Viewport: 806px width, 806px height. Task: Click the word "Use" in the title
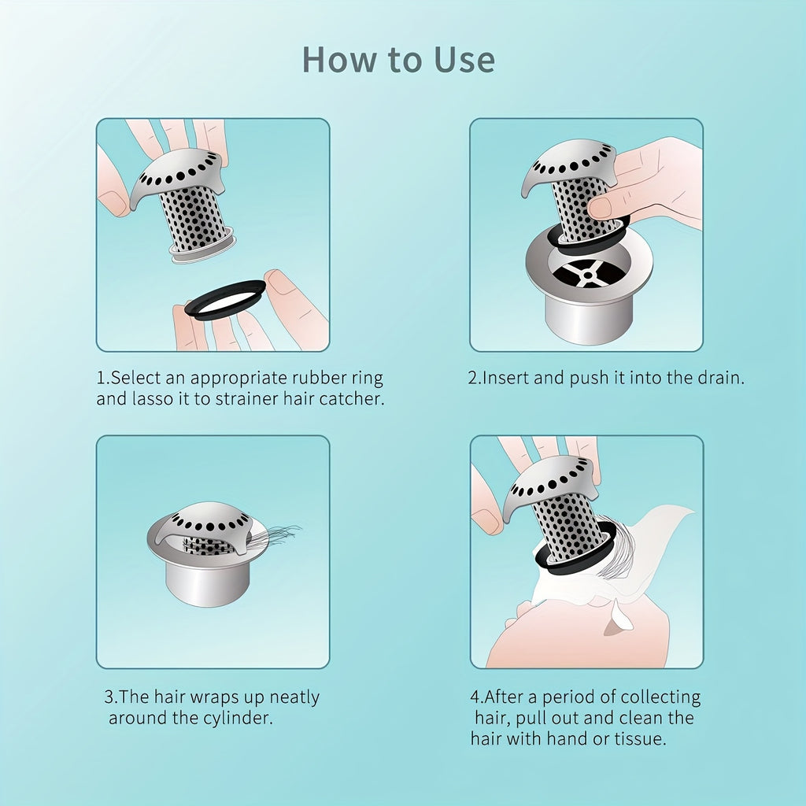tap(464, 60)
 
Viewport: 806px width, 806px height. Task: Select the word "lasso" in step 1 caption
tap(153, 399)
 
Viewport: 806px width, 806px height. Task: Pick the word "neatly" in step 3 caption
tap(294, 697)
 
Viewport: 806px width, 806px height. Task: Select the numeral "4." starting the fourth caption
tap(477, 697)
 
